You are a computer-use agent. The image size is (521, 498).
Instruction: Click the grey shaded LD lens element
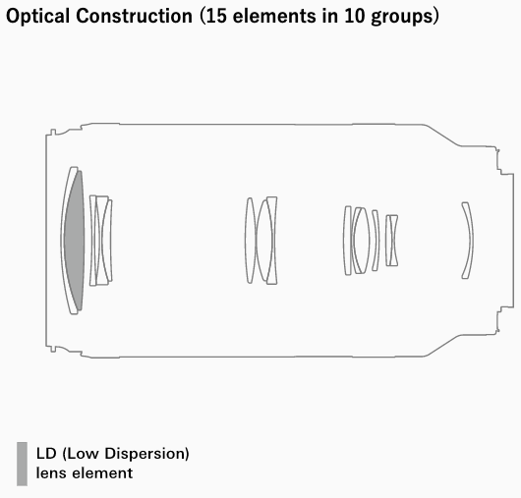pos(75,241)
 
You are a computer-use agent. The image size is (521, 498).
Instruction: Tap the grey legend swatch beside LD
pos(22,464)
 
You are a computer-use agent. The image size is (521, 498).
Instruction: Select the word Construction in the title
pos(134,16)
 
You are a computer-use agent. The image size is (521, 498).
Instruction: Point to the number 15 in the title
pos(216,16)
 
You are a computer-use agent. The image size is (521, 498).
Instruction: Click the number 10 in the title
pos(355,16)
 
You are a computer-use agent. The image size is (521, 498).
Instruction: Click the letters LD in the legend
pos(46,454)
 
